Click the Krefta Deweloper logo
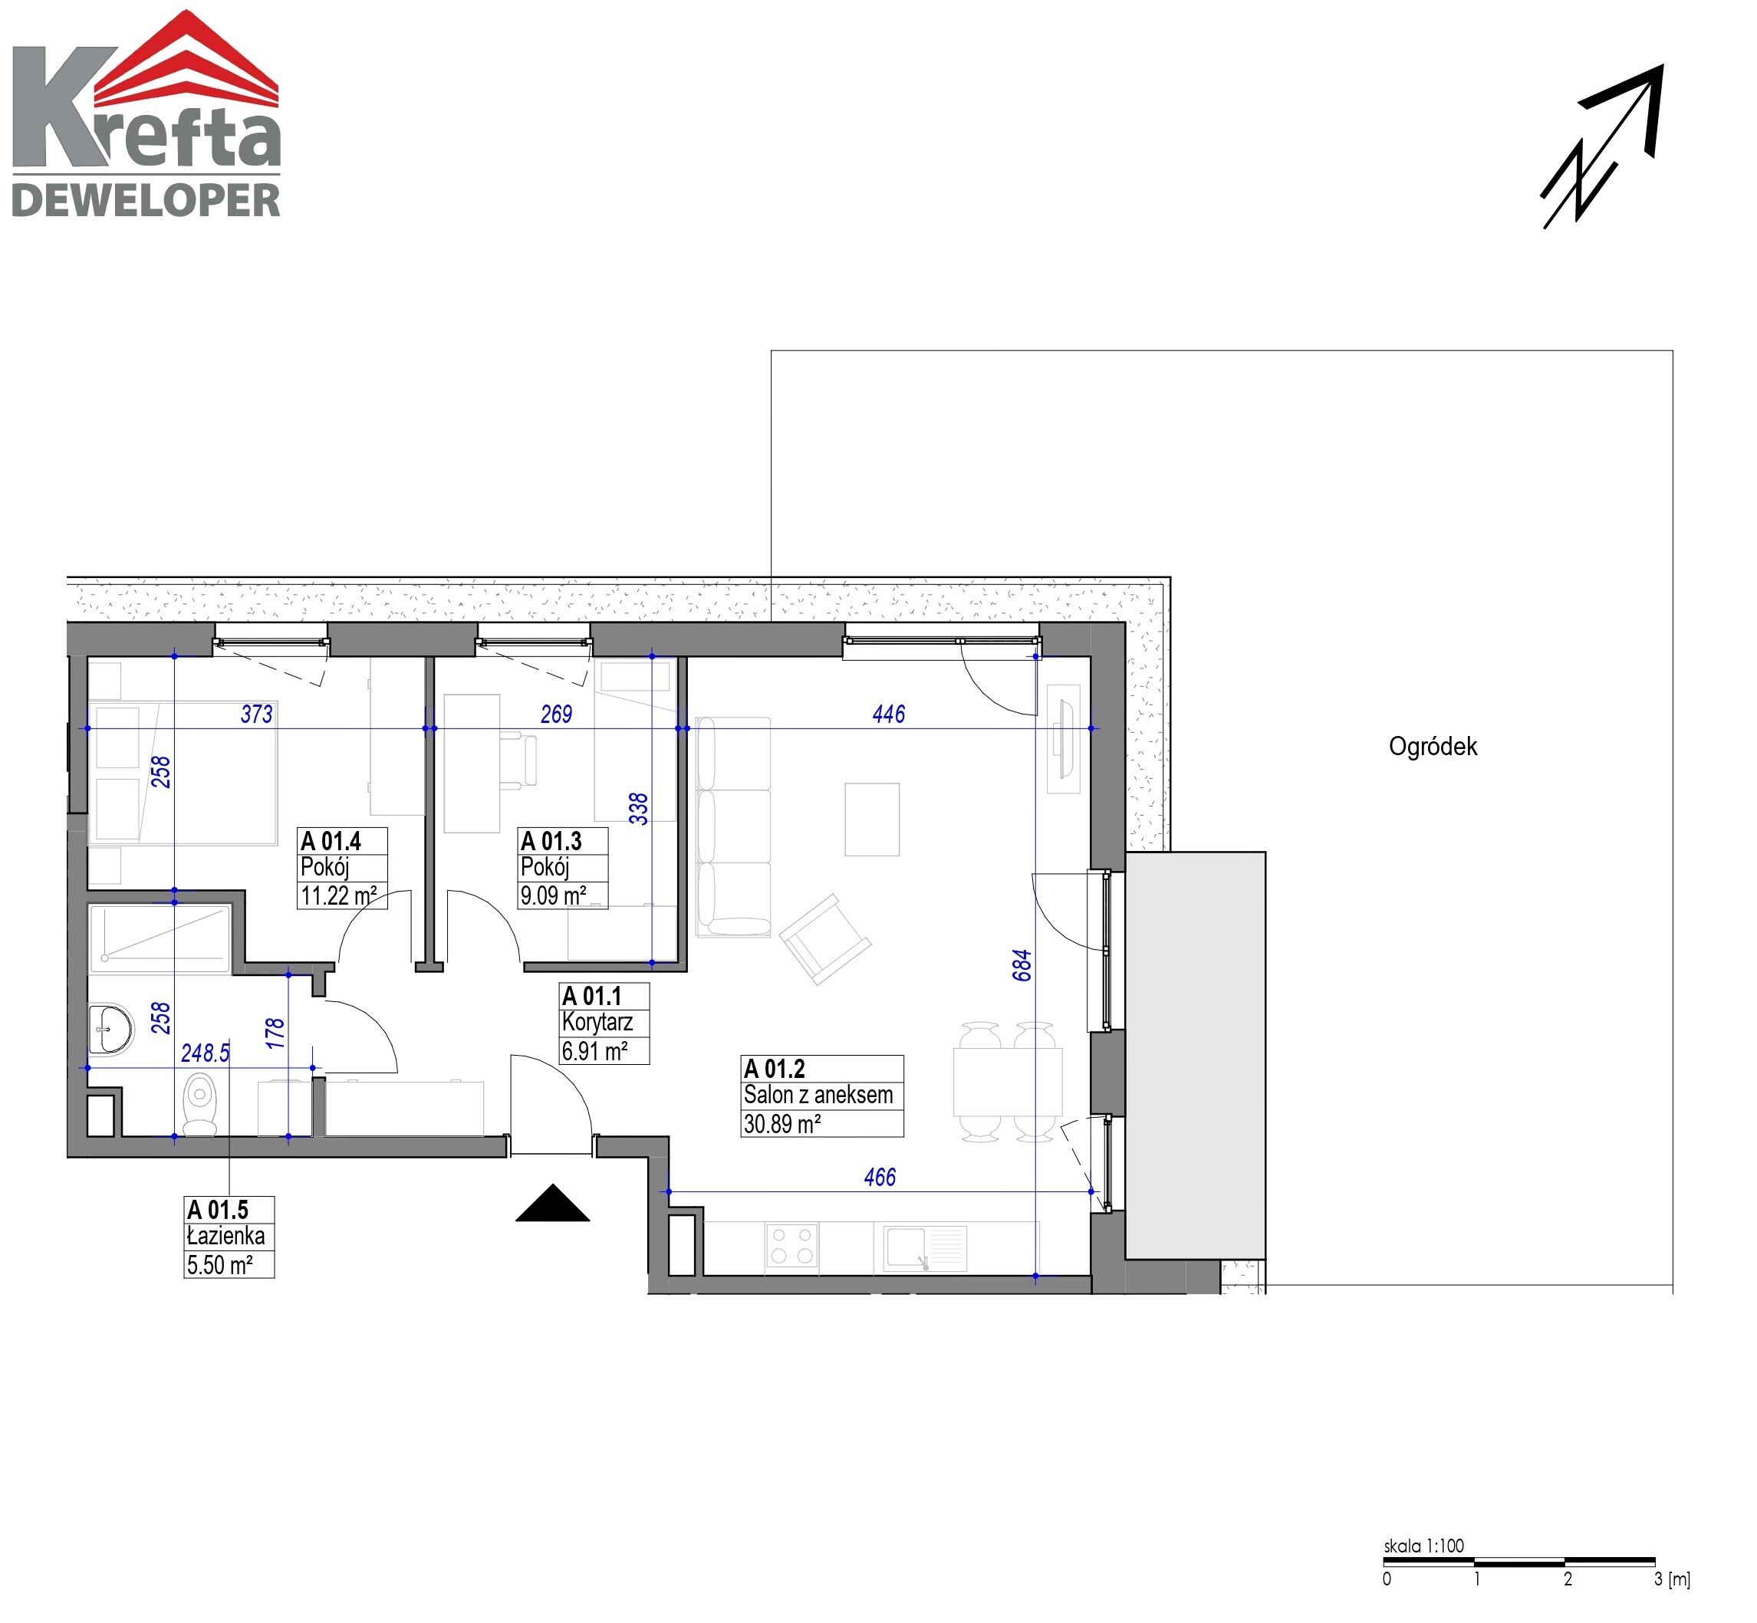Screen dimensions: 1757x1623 [146, 114]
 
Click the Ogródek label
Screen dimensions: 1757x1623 [1433, 747]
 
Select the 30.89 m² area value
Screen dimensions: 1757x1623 [781, 1124]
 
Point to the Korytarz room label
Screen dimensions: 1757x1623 [597, 1022]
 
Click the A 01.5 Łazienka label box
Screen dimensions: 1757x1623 [229, 1237]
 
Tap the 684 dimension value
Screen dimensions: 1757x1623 [1022, 965]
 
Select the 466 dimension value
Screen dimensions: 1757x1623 [880, 1177]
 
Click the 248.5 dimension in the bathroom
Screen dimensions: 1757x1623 [205, 1053]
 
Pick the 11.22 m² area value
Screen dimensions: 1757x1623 [339, 895]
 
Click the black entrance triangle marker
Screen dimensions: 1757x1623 [553, 1202]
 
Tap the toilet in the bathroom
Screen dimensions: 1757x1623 [200, 1105]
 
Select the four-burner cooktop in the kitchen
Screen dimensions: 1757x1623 [792, 1247]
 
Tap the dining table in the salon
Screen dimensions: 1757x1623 [1008, 1081]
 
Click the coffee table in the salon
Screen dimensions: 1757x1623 [871, 820]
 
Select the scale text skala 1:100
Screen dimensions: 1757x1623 [1424, 1546]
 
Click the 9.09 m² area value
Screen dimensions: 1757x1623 [554, 895]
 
